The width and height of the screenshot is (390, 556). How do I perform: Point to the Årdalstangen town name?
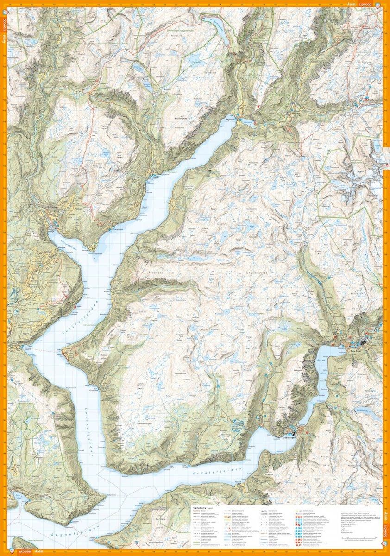[290, 436]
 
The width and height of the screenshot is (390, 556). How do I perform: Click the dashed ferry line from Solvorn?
[46, 351]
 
